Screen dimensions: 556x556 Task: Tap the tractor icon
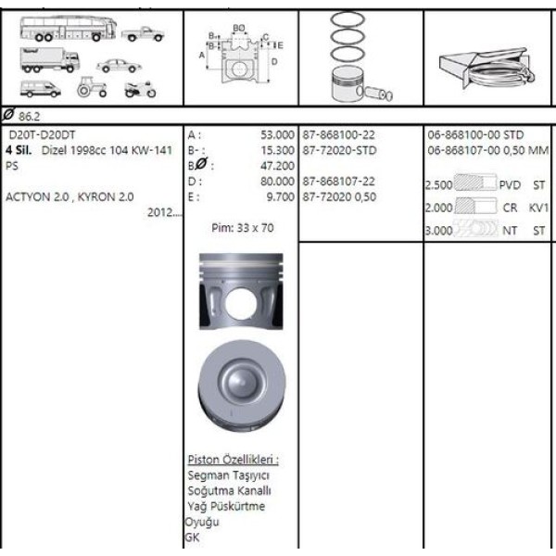(92, 87)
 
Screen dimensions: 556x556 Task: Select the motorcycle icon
(140, 89)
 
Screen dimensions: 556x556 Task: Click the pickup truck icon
(142, 34)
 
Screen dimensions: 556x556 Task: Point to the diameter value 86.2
(31, 117)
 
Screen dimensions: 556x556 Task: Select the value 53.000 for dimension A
(277, 134)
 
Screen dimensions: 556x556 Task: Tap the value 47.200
(279, 165)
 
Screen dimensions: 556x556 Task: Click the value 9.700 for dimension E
(280, 196)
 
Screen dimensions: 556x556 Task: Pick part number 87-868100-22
(339, 134)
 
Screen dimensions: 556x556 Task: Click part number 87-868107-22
(339, 181)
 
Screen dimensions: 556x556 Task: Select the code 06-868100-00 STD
(476, 134)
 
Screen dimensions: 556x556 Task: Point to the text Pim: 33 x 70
(243, 227)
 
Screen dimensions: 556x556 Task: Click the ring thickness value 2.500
(437, 184)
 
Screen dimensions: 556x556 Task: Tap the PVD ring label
(510, 184)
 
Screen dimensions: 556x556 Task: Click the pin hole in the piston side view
(240, 304)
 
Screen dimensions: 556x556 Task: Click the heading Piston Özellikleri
(233, 460)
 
